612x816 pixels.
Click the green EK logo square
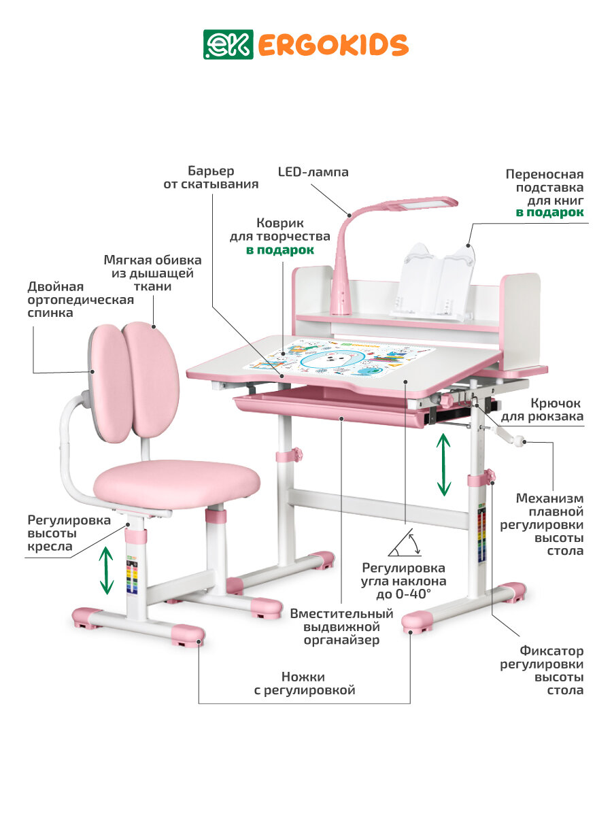click(218, 44)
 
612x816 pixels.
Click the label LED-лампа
click(313, 172)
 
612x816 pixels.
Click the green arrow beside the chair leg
click(106, 571)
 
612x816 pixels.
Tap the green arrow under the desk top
click(443, 464)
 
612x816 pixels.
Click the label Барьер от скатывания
click(210, 177)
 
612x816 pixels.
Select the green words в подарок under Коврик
click(280, 250)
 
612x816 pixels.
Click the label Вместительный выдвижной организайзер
click(341, 626)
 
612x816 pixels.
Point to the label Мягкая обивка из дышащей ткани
click(152, 273)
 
